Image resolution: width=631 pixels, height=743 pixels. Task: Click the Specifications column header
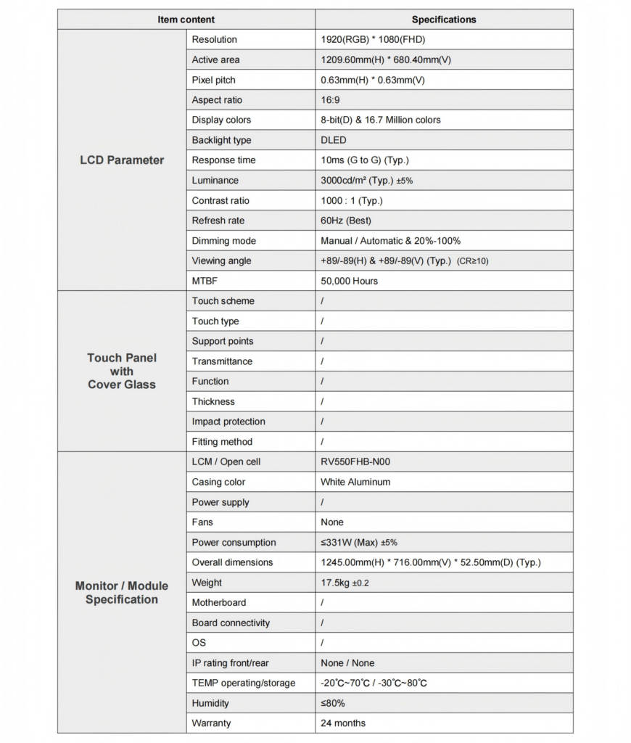coord(444,20)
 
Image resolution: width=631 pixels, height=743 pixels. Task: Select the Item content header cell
coord(186,20)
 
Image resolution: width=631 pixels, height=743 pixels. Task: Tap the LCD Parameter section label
coord(122,160)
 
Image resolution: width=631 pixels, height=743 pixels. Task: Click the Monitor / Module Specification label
coord(122,593)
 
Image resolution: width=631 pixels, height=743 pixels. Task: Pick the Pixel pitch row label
coord(214,80)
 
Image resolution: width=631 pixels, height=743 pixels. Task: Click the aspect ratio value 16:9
coord(330,100)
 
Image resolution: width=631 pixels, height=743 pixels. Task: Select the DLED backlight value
coord(334,140)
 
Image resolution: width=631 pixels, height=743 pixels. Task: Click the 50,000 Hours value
coord(349,281)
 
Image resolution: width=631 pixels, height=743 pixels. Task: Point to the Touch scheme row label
coord(223,301)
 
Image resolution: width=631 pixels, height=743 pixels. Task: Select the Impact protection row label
coord(228,422)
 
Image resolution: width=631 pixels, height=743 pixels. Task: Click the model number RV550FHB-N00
coord(360,461)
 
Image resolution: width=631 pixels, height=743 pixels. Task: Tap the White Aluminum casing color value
coord(355,482)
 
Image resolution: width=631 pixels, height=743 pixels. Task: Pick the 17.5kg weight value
coord(345,583)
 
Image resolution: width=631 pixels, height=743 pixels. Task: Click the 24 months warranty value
coord(343,723)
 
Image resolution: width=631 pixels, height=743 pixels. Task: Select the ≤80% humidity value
coord(333,703)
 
